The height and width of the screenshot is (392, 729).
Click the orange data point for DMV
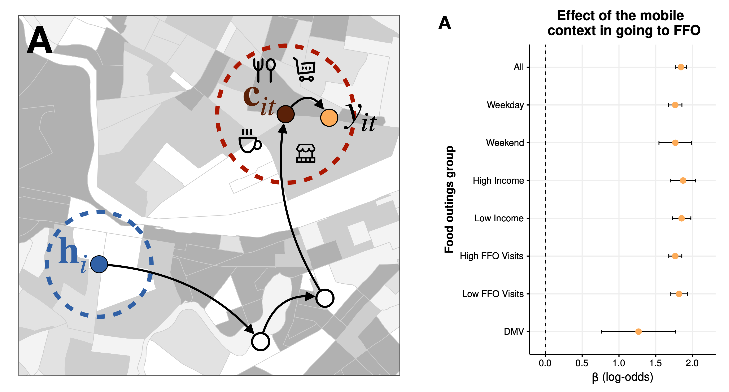tap(638, 331)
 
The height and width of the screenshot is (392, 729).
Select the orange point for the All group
tap(681, 67)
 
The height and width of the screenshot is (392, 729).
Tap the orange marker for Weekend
tap(675, 143)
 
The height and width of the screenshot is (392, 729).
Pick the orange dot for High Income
tap(683, 180)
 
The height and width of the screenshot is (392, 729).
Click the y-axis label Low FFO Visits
tap(493, 294)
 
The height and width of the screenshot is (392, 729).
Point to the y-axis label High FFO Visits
tap(491, 256)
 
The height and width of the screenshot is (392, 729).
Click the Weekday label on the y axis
tap(505, 105)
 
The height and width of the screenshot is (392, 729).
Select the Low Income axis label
tap(499, 218)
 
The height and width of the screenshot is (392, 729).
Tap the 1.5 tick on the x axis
tap(655, 363)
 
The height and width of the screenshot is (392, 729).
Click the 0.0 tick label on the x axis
tap(545, 363)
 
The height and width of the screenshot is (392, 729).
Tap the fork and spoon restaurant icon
tap(264, 70)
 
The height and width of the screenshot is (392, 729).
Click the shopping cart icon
tap(305, 70)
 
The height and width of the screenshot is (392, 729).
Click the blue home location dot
tap(99, 264)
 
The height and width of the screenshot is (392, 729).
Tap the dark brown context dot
tap(285, 114)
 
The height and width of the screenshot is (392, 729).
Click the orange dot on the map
tap(329, 117)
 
